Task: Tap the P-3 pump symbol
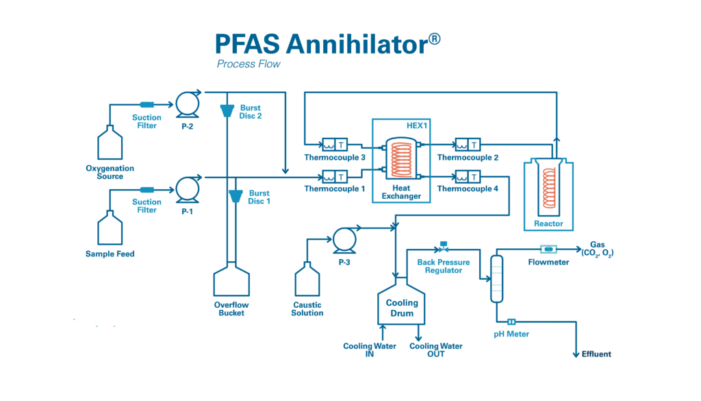click(x=343, y=239)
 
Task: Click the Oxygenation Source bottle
click(x=110, y=143)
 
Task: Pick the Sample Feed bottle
click(x=110, y=228)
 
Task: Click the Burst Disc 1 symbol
click(x=235, y=196)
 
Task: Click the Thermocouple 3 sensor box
click(x=335, y=145)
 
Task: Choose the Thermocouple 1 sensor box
click(x=335, y=176)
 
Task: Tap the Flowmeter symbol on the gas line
click(x=548, y=249)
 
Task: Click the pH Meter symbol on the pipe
click(x=511, y=321)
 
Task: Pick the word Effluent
click(x=596, y=354)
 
